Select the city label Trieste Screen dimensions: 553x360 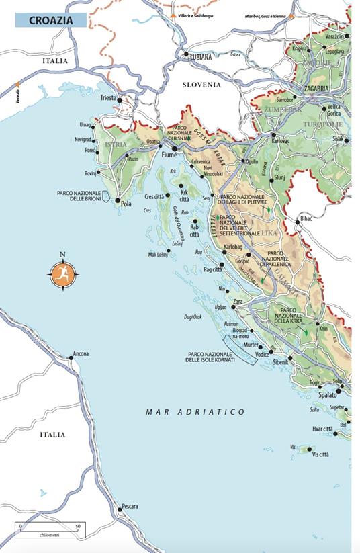(x=107, y=98)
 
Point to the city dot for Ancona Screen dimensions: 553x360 (x=71, y=359)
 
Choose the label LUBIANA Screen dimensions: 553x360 (x=199, y=57)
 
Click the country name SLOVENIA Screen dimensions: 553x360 (x=201, y=85)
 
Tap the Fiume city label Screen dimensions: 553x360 (x=169, y=155)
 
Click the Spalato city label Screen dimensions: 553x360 (x=328, y=395)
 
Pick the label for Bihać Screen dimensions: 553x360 (x=306, y=219)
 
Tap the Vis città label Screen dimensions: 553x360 (x=320, y=454)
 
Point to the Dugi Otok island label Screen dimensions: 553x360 (x=193, y=316)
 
